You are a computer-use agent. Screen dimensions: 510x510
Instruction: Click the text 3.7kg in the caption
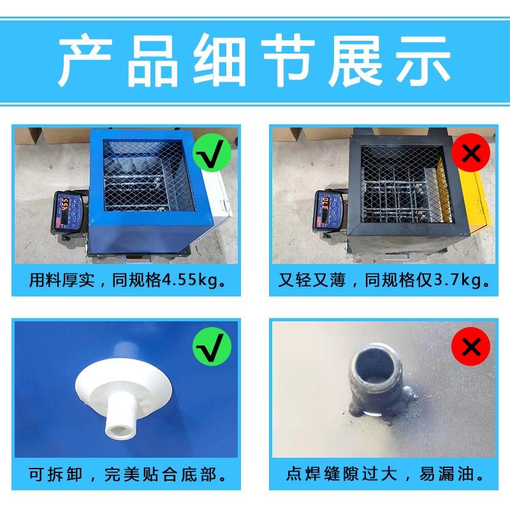tap(452, 280)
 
